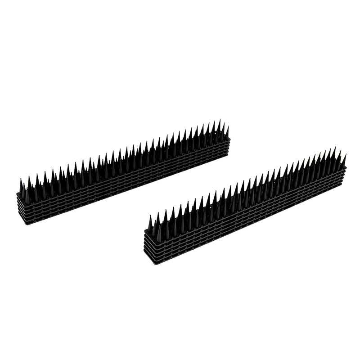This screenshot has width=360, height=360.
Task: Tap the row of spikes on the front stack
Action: click(247, 189)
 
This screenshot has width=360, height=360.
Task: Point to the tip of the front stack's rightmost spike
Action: click(346, 152)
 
